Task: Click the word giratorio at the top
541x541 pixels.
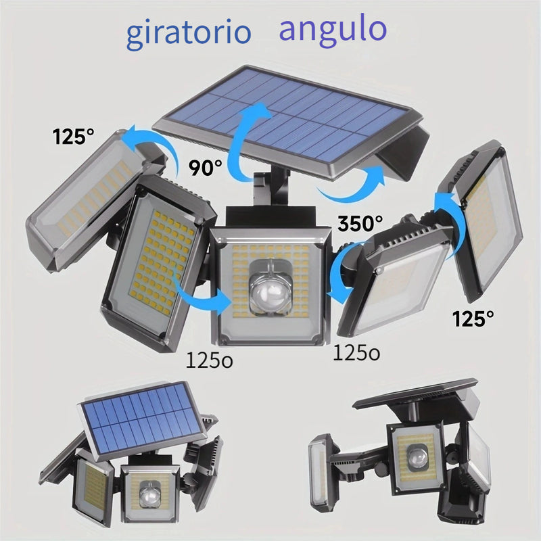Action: [189, 34]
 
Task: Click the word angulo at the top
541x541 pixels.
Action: [333, 30]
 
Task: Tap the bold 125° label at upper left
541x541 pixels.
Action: [74, 137]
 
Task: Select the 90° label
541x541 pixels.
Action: [206, 168]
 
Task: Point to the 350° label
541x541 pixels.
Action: [360, 223]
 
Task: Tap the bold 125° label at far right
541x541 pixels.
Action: [473, 318]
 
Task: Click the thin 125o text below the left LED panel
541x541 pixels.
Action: [210, 360]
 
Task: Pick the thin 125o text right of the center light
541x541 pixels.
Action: [356, 352]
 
